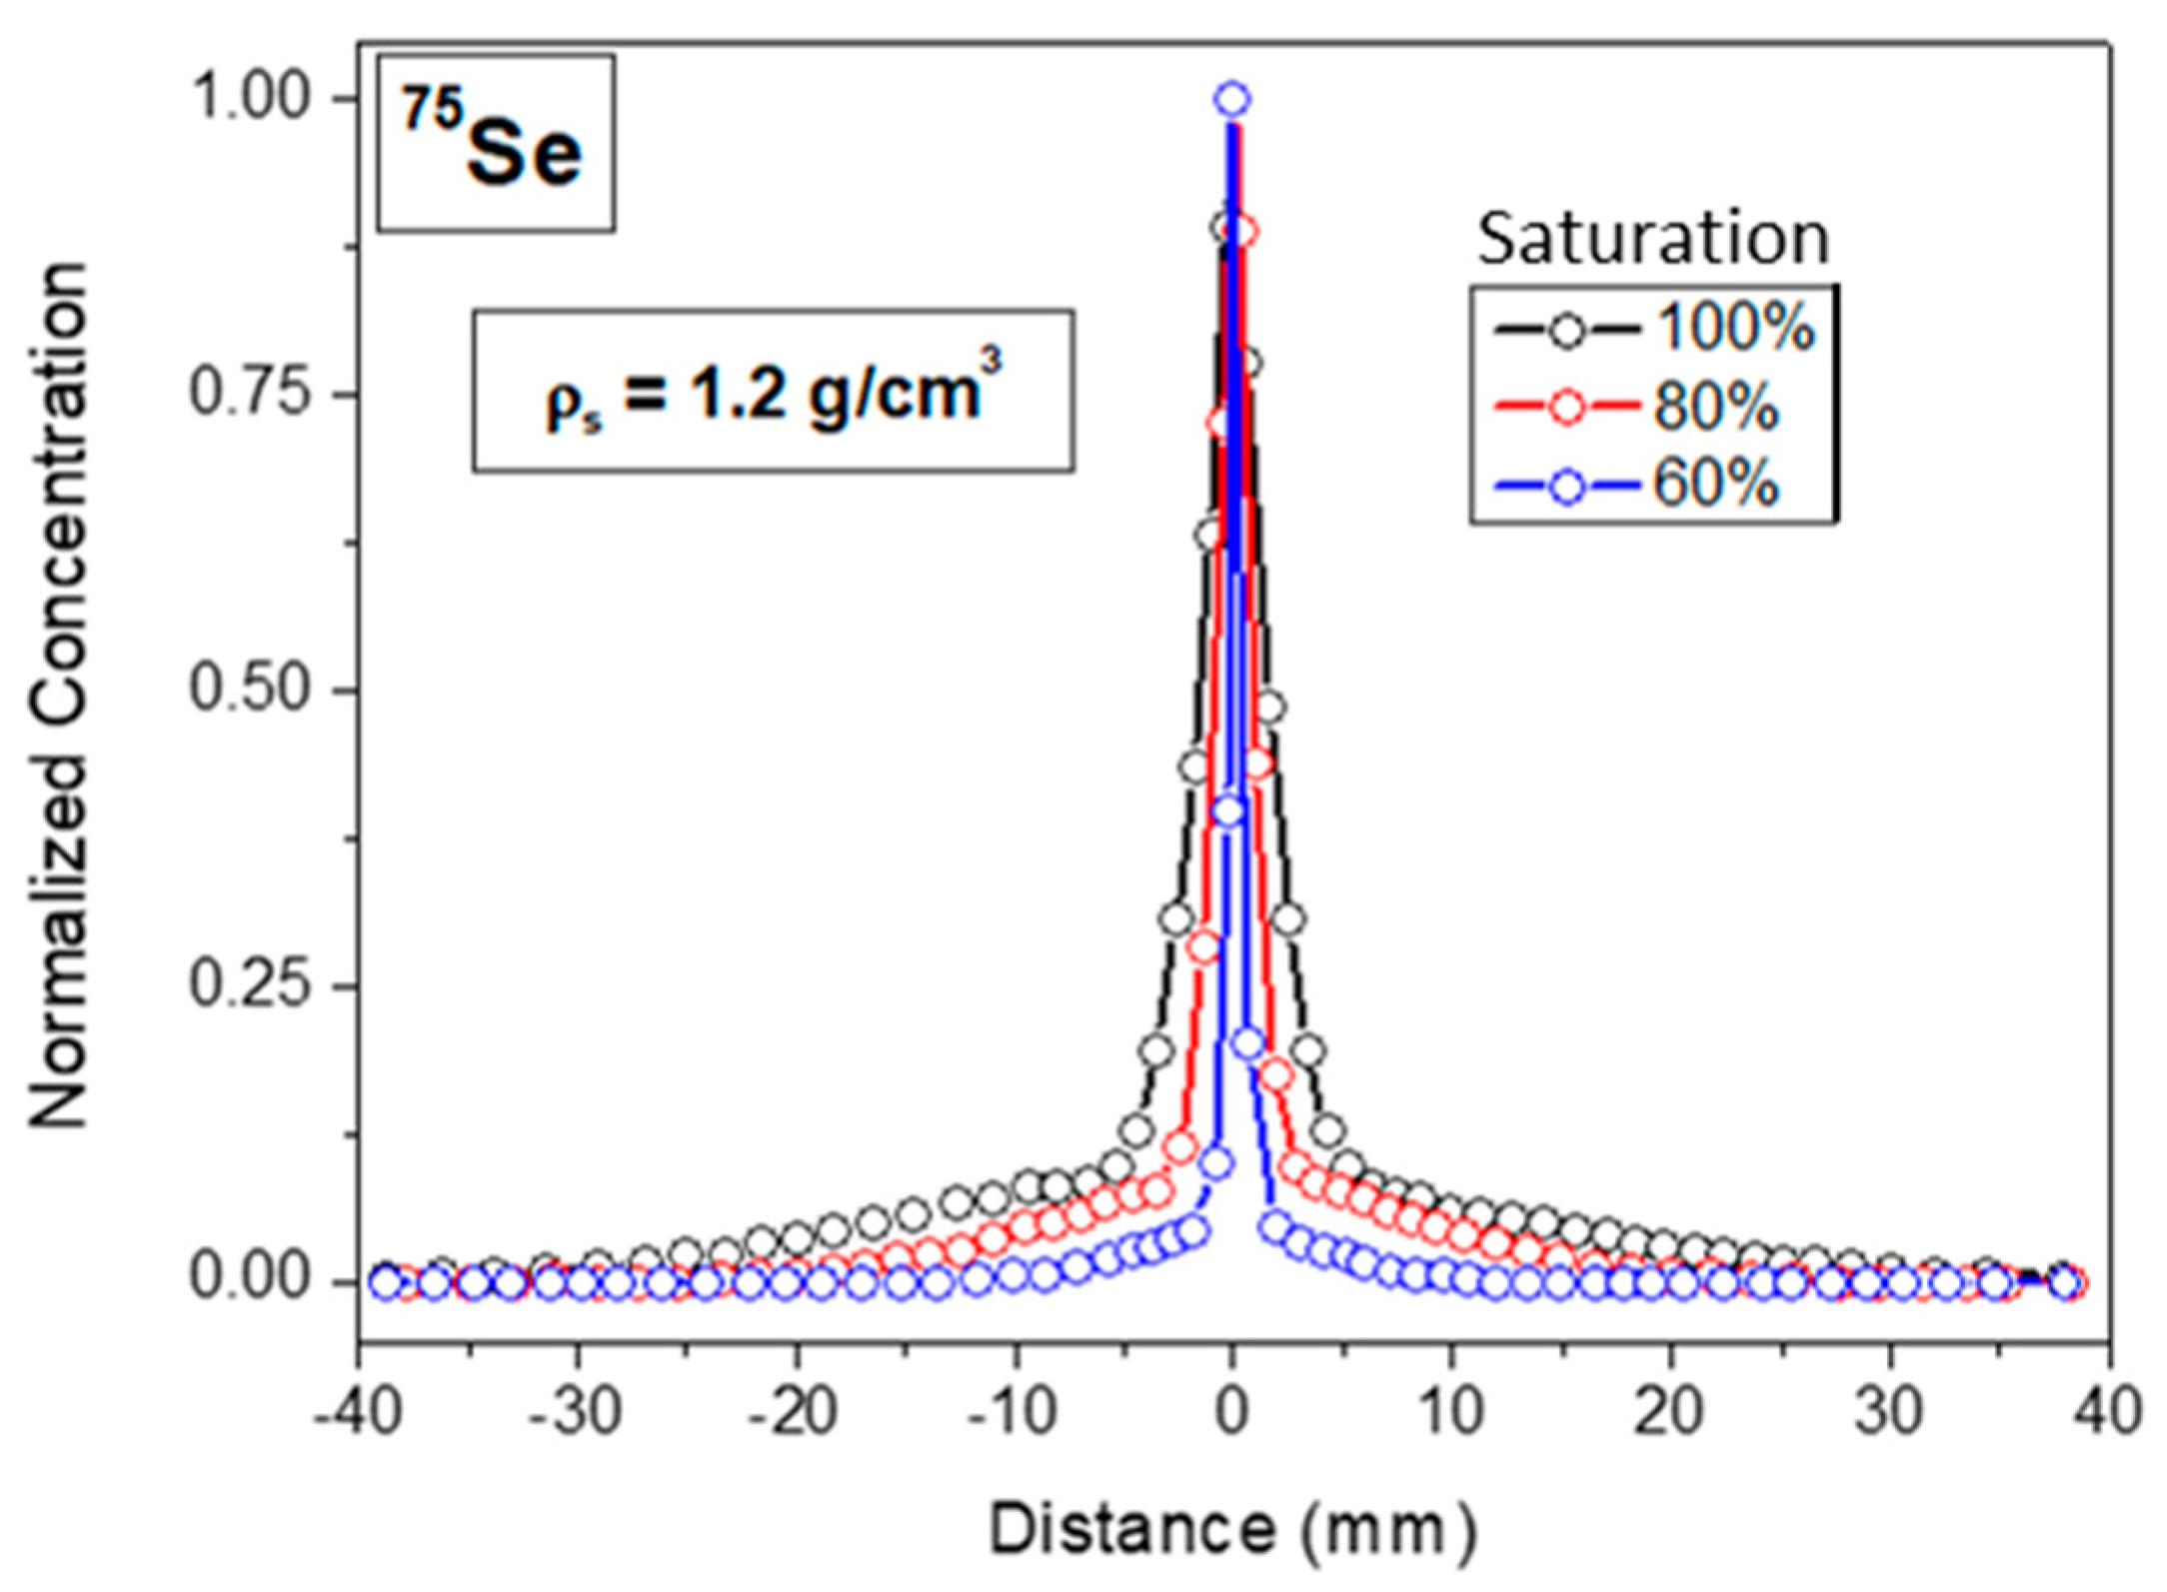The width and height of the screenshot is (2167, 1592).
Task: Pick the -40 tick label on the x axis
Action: pos(359,1412)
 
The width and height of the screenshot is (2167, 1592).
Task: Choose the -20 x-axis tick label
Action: pos(796,1412)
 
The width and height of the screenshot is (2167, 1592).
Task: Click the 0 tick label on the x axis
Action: pos(1231,1412)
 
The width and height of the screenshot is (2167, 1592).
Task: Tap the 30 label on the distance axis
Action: pos(1889,1412)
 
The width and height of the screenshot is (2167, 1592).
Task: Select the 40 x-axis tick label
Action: pos(2107,1412)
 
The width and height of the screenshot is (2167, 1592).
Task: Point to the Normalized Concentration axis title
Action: pos(58,695)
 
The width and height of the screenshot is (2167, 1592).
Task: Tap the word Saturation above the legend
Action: pos(1652,240)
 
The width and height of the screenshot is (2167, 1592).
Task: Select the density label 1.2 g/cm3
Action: pos(773,391)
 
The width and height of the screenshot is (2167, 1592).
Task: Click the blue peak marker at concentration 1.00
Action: pos(1231,99)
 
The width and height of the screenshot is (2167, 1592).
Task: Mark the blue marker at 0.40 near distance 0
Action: pos(1228,811)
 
